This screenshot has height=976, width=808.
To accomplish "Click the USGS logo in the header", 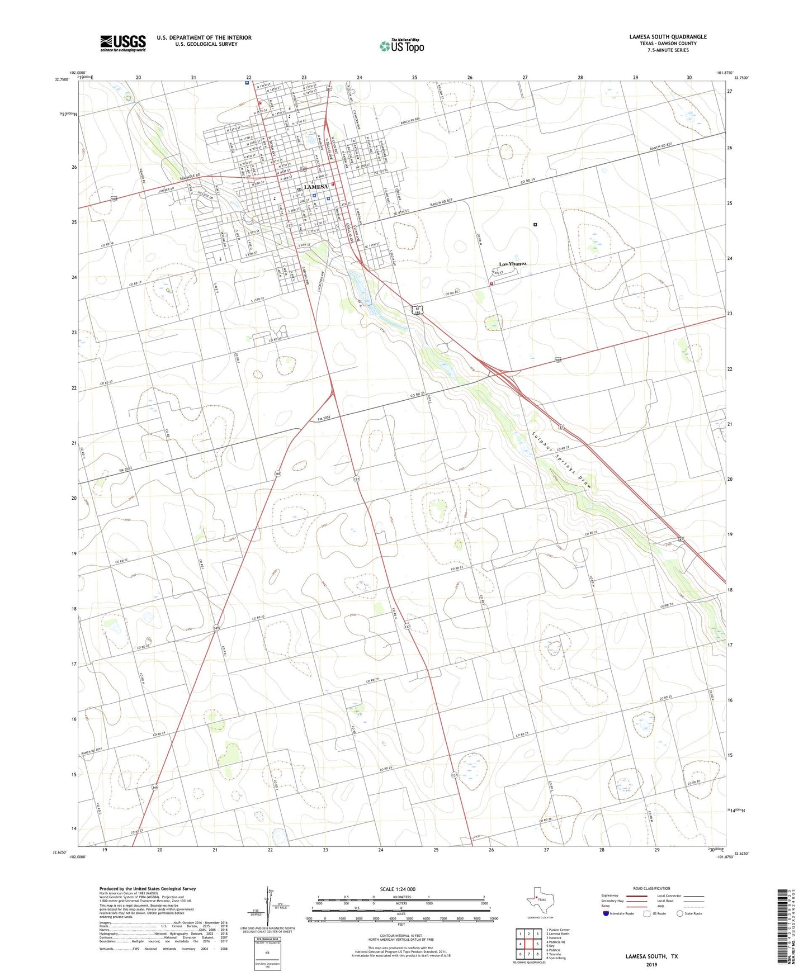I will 122,43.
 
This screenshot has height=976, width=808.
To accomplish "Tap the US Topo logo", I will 401,46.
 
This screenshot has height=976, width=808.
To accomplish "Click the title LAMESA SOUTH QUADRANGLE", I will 668,37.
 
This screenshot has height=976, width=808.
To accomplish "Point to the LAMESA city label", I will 316,187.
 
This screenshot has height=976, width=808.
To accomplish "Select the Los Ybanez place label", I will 512,264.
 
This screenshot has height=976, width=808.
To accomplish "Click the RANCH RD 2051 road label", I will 92,751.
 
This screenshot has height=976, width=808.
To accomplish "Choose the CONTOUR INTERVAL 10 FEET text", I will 399,936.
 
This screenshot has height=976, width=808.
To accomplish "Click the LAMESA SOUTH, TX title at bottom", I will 651,956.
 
